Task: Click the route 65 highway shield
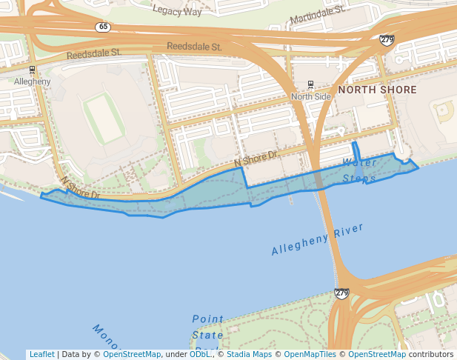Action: click(103, 27)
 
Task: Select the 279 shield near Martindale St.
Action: click(387, 39)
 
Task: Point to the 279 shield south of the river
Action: click(341, 294)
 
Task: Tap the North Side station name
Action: click(311, 97)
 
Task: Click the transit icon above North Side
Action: click(310, 84)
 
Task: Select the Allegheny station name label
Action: click(32, 81)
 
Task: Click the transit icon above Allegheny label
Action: click(32, 70)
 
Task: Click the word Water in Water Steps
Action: click(360, 162)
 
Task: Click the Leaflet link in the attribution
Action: click(41, 354)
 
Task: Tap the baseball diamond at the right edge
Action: click(444, 111)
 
